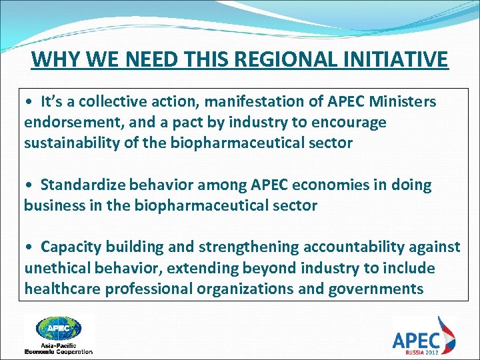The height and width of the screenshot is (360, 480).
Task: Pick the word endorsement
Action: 73,123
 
